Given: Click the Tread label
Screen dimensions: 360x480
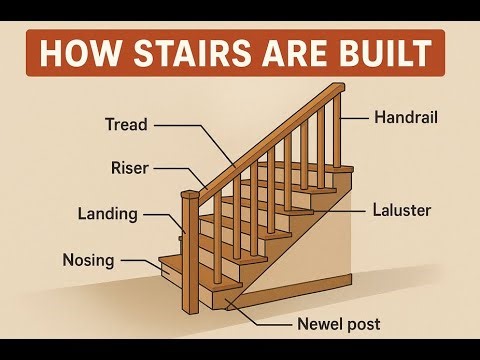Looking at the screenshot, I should point(126,125).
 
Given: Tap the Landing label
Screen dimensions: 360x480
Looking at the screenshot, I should point(107,213).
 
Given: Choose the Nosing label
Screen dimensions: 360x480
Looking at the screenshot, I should point(89,260).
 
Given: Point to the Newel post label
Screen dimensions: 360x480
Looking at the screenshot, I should point(339,324).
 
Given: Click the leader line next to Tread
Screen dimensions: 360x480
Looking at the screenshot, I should point(190,126).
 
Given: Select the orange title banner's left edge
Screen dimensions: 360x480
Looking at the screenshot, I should point(27,53).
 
